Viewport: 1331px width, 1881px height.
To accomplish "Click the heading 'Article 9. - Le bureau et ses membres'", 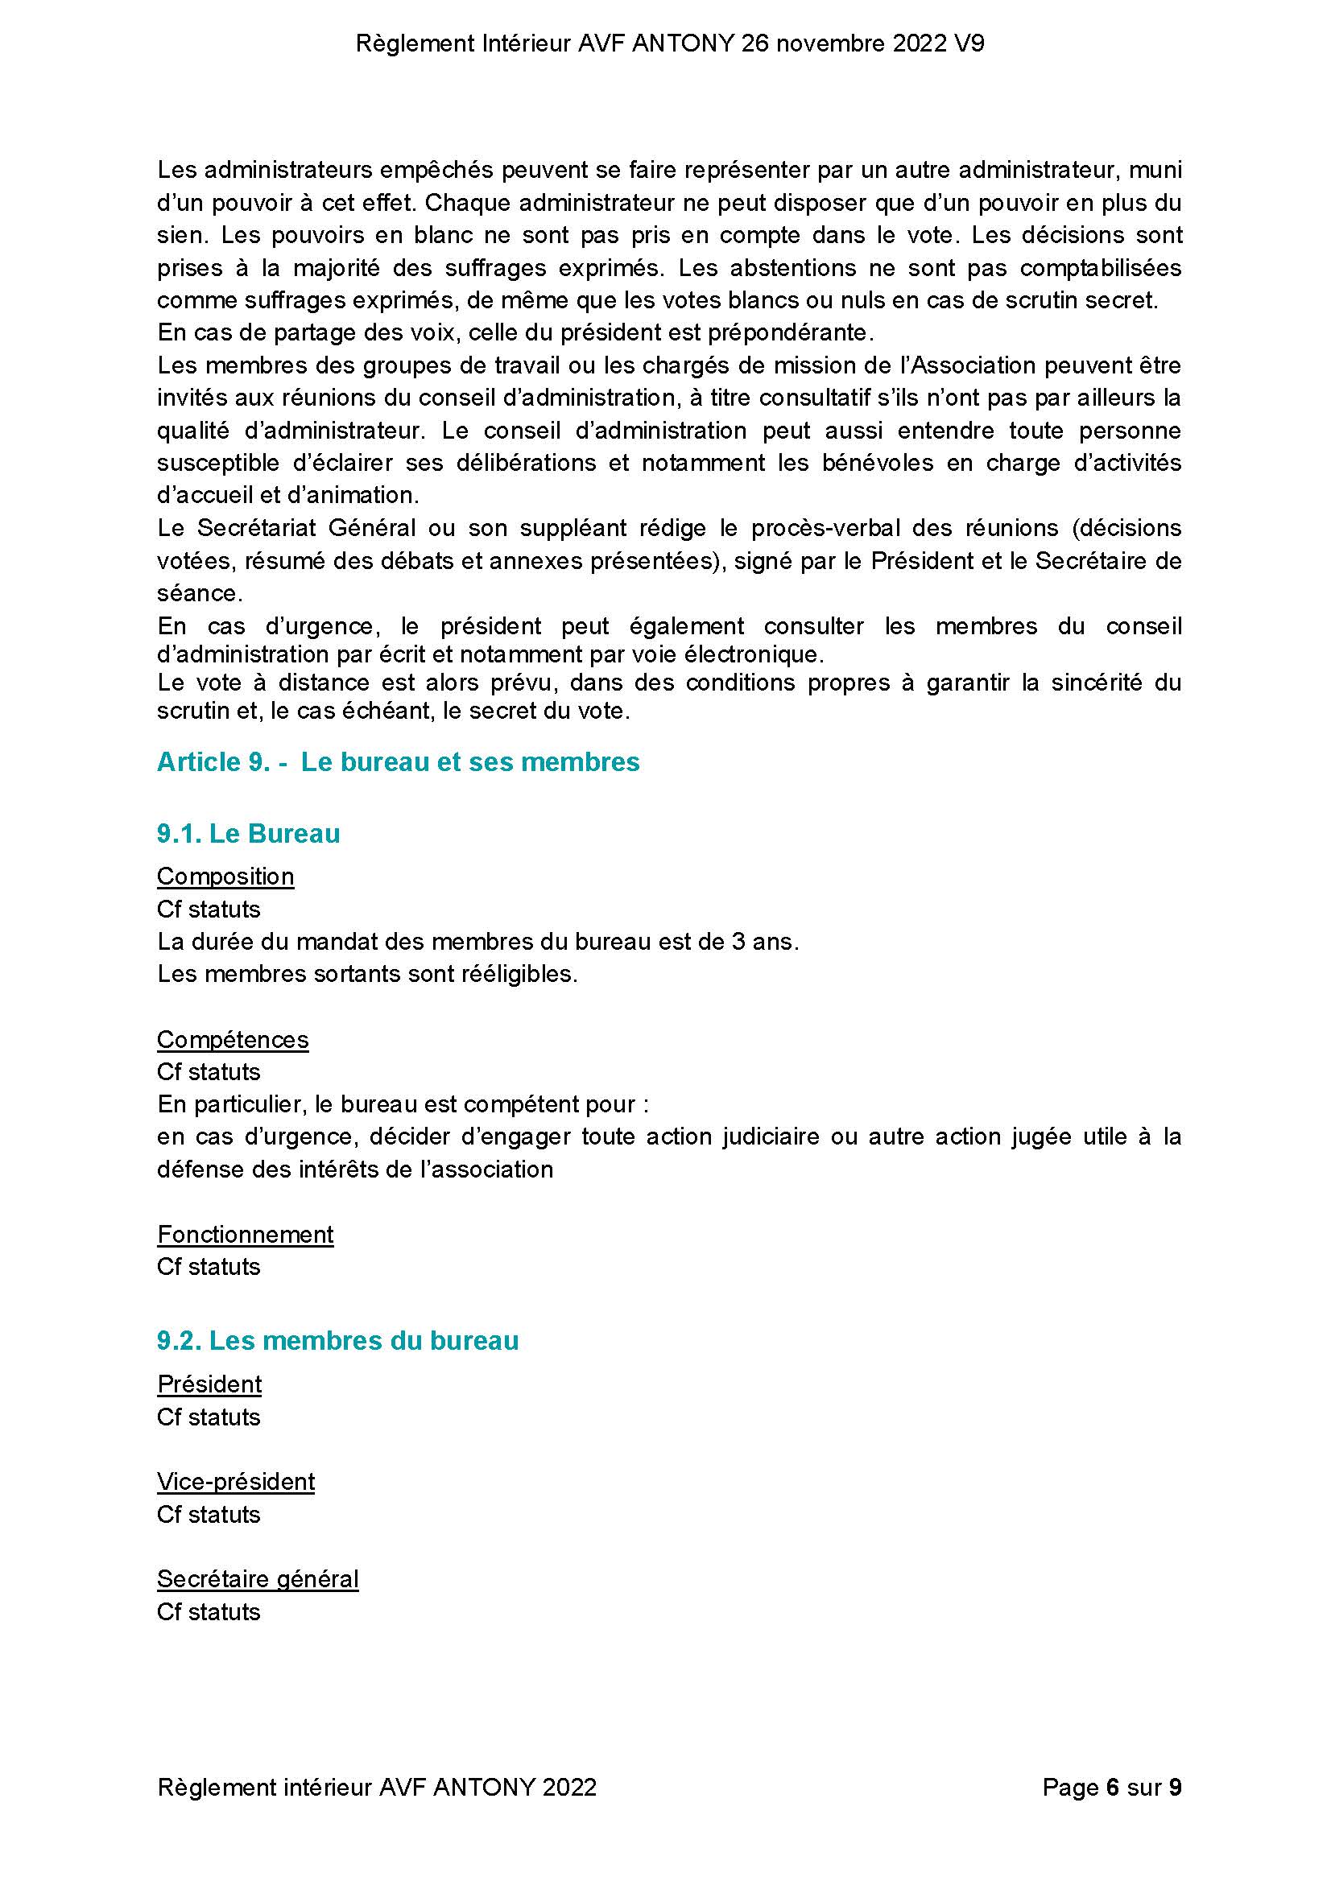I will [398, 762].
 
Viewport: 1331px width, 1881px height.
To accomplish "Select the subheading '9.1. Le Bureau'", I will [248, 833].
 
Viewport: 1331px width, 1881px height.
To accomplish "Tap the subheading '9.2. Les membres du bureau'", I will [337, 1340].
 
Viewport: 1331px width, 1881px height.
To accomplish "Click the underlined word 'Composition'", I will [225, 876].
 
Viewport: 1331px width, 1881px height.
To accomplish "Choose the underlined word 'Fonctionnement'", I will [245, 1234].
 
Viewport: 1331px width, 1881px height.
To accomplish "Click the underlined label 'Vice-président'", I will [236, 1481].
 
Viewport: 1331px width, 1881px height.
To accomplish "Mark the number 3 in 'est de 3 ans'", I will [737, 942].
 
